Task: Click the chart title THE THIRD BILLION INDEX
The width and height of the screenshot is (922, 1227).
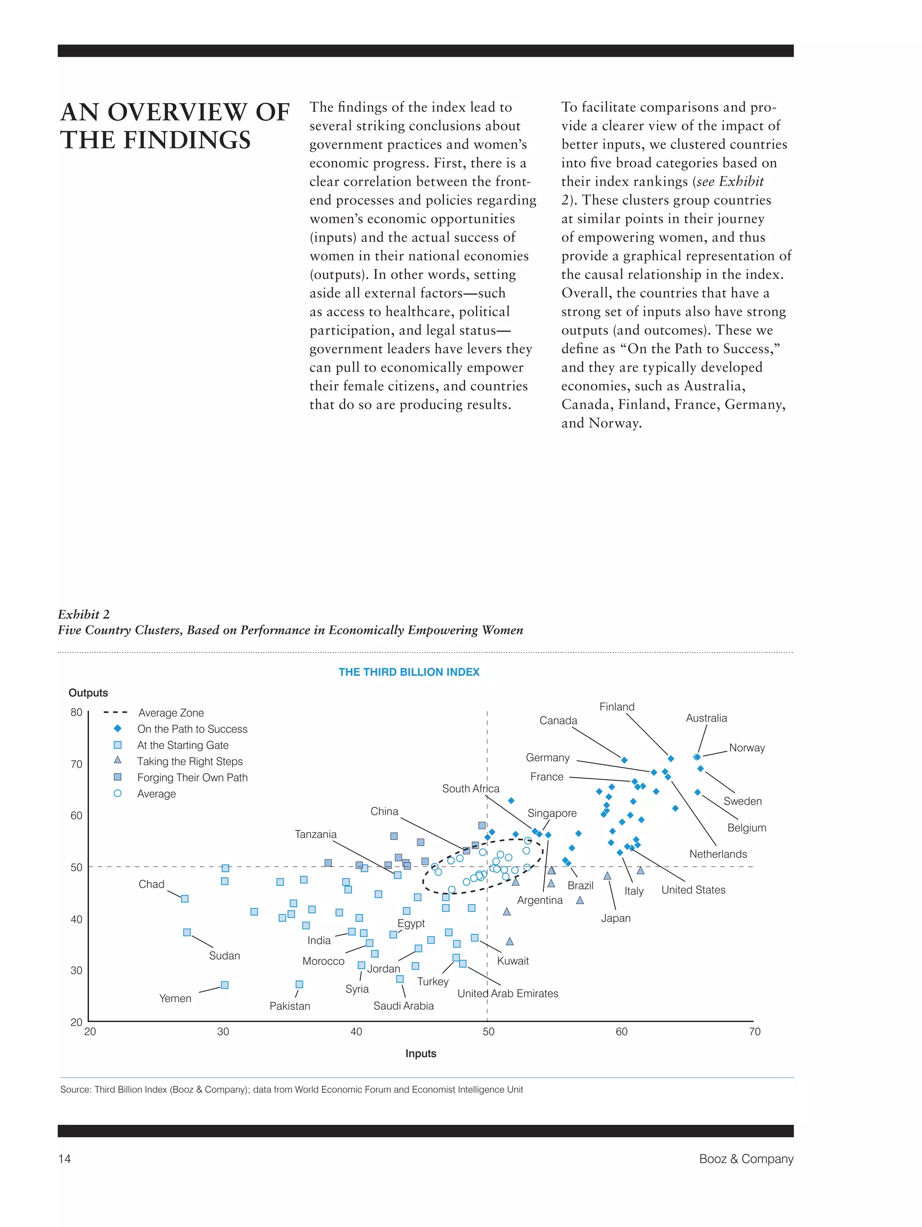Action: click(409, 672)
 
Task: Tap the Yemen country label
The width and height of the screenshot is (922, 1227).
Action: click(175, 998)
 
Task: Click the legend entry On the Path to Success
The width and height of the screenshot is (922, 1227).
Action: click(192, 729)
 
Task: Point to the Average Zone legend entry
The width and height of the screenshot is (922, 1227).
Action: click(171, 713)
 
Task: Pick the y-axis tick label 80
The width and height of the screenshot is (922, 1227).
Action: click(77, 712)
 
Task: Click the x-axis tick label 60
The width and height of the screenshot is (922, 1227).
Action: click(621, 1032)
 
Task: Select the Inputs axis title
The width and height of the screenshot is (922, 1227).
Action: click(420, 1053)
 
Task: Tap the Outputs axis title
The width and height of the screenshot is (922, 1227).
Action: click(88, 693)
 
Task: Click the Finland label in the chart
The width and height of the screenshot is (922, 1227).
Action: click(617, 706)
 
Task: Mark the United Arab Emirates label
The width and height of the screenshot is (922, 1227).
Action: click(508, 993)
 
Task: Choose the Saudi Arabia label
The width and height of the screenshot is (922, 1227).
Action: click(403, 1005)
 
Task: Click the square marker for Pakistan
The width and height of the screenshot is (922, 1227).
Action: click(299, 984)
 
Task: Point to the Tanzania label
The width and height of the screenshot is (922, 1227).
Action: click(316, 834)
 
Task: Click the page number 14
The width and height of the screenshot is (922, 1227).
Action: click(64, 1159)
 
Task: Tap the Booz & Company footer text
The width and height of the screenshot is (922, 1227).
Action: click(746, 1159)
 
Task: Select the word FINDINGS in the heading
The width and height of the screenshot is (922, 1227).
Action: click(187, 140)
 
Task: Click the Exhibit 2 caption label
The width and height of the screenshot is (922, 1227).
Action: click(84, 614)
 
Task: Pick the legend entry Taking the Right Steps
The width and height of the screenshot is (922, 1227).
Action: click(190, 761)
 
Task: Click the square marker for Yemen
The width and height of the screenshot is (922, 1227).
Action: click(225, 985)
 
